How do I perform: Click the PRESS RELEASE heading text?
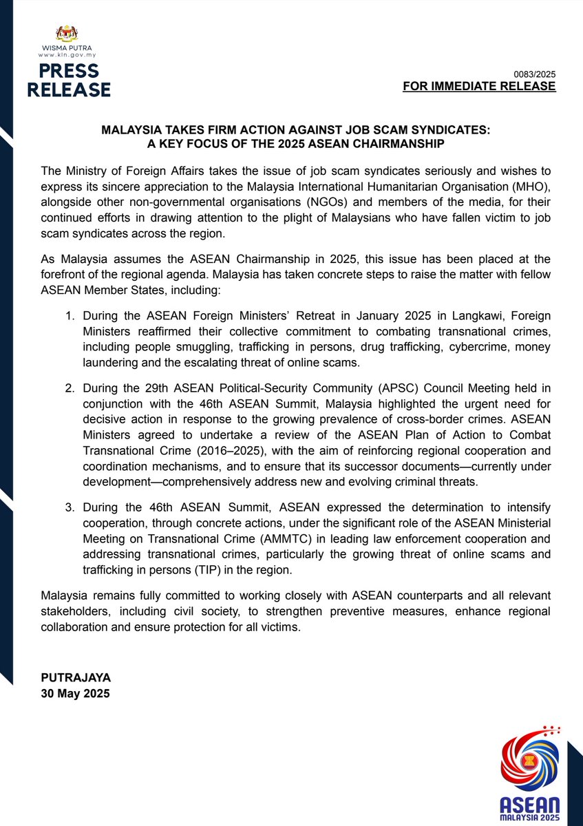click(x=69, y=81)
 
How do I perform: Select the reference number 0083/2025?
click(x=535, y=74)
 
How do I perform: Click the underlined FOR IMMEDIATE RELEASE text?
click(x=479, y=87)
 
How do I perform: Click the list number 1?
click(x=69, y=315)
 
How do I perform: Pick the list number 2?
click(x=69, y=388)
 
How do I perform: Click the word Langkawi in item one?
click(x=421, y=315)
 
